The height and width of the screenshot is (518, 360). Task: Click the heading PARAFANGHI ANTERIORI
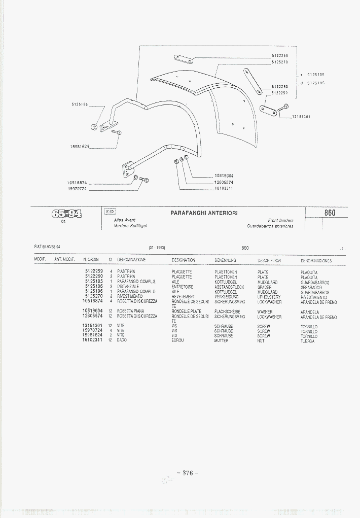click(x=204, y=213)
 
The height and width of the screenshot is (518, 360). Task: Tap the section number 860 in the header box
click(x=330, y=213)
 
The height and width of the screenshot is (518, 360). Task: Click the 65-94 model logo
click(x=66, y=213)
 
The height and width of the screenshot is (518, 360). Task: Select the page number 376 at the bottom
click(x=188, y=473)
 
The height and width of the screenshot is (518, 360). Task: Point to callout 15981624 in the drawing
click(x=80, y=147)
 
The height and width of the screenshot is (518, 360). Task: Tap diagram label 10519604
click(x=224, y=176)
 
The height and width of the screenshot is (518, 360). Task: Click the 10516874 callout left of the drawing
click(x=77, y=182)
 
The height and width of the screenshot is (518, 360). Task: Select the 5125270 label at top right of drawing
click(x=280, y=62)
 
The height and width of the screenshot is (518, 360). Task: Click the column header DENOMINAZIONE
click(x=131, y=260)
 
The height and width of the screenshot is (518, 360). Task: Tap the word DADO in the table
click(x=122, y=340)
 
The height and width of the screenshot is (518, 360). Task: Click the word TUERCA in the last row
click(x=307, y=341)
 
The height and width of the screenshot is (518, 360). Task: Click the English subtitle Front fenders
click(x=280, y=221)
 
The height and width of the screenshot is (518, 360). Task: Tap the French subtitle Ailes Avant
click(x=125, y=220)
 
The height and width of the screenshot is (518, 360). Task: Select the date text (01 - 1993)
click(x=157, y=248)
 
